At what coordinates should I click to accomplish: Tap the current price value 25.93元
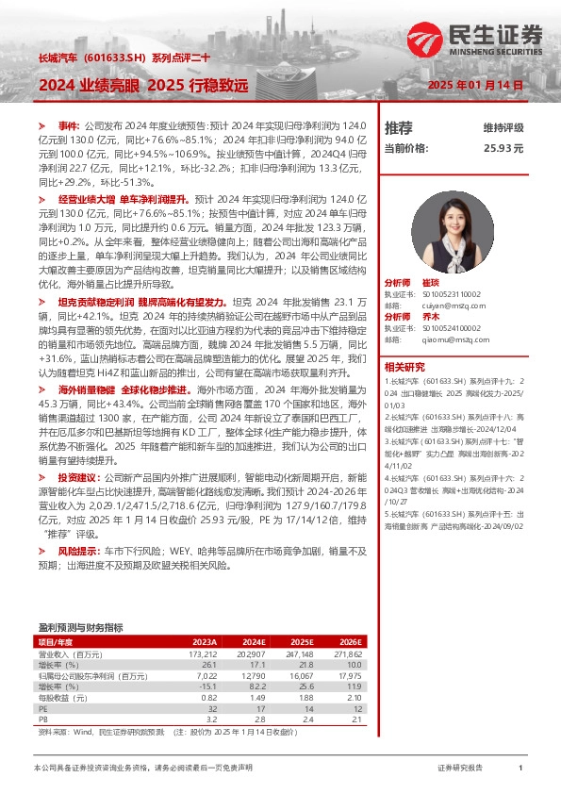503,148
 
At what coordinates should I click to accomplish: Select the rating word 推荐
399,127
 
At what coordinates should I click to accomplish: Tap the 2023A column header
205,641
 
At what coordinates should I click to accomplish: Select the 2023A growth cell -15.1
209,686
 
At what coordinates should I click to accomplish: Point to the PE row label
42,708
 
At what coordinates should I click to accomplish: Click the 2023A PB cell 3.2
211,719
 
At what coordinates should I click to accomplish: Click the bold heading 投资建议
76,478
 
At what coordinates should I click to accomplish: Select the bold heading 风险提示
76,548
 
